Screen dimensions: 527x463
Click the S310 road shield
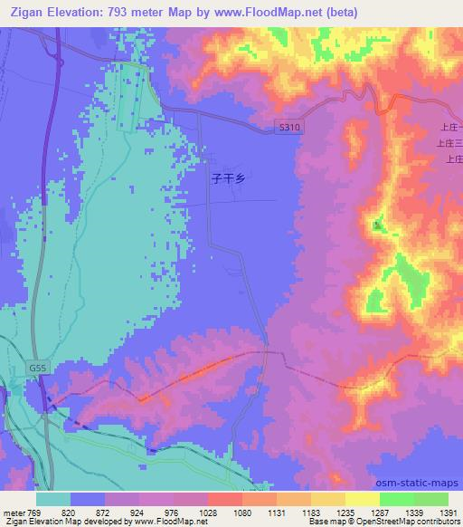tap(288, 128)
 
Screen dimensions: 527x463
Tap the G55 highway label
tap(37, 369)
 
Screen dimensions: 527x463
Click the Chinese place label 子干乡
tap(228, 179)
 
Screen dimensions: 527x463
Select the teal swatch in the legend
tap(53, 498)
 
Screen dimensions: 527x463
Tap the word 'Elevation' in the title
tap(76, 12)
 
